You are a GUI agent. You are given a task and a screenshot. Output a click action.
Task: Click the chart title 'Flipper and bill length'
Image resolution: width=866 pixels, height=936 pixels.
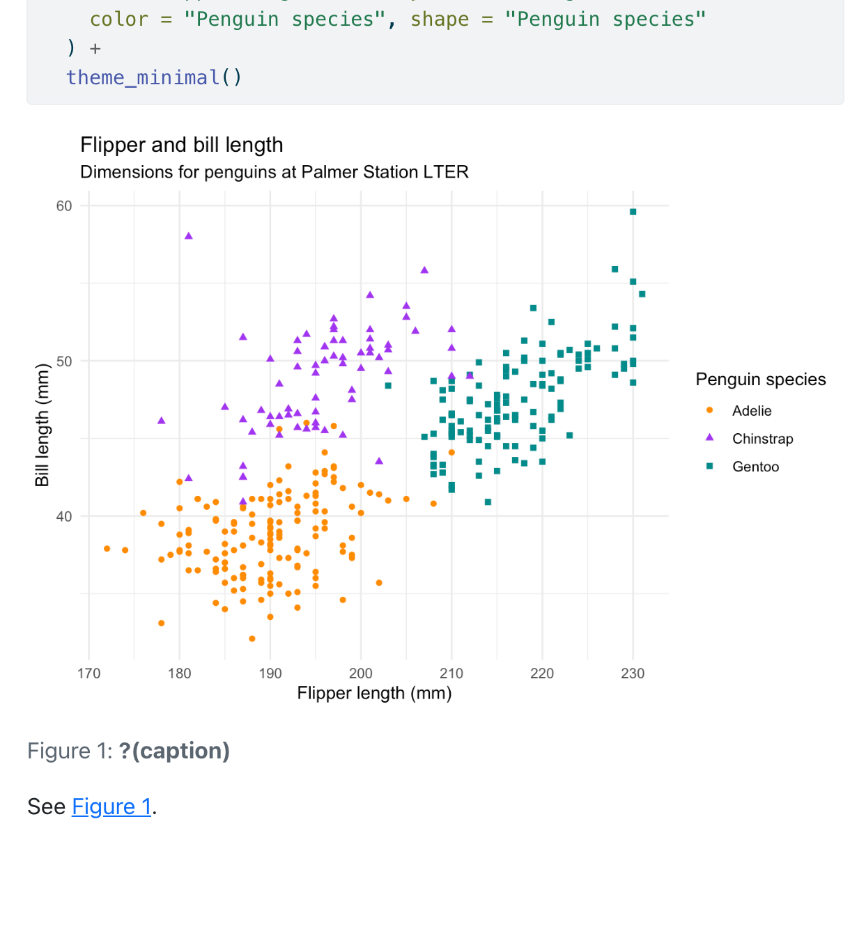[x=182, y=145]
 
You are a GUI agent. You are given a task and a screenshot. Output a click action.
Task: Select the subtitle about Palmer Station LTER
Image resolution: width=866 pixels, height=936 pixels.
[x=274, y=172]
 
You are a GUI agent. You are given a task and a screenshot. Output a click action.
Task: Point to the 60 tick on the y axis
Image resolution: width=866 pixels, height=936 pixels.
[x=64, y=206]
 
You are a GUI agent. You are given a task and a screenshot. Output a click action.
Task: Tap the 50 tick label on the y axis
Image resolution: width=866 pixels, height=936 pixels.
[x=64, y=361]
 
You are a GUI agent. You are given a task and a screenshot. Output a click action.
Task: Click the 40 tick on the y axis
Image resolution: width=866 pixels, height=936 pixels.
[x=64, y=517]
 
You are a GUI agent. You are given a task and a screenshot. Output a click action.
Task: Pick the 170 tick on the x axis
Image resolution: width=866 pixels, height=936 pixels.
[x=89, y=673]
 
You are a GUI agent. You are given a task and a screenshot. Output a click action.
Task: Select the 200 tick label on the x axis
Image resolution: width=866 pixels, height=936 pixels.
[x=361, y=673]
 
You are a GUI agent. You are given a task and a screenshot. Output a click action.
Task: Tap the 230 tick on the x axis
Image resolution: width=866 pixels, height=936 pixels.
[x=633, y=673]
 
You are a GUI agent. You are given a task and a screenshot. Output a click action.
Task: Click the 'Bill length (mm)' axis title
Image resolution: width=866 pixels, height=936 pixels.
[x=42, y=425]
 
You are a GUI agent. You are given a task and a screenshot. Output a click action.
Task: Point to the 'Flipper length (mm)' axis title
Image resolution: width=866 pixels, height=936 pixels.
[x=374, y=694]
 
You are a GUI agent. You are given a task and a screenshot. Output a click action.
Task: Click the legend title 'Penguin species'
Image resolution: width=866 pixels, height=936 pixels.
[x=761, y=380]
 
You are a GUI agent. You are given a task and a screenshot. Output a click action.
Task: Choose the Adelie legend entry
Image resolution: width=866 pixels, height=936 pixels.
[x=752, y=411]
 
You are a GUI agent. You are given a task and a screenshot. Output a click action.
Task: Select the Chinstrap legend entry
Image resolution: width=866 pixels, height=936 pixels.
[x=762, y=439]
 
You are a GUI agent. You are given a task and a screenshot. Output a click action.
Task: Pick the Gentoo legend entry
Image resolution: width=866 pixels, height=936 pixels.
[x=755, y=467]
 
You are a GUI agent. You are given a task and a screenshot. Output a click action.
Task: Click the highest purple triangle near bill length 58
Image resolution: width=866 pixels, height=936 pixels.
[x=189, y=236]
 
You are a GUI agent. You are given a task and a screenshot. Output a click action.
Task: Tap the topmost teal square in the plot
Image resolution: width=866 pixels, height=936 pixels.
[x=633, y=212]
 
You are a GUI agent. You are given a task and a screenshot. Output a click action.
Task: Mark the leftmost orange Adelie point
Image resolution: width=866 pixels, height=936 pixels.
[x=107, y=549]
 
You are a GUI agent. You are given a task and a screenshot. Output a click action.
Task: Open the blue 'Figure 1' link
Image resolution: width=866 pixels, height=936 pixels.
[x=111, y=806]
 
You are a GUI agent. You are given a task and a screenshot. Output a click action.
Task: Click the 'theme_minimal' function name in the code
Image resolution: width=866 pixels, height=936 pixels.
[x=143, y=77]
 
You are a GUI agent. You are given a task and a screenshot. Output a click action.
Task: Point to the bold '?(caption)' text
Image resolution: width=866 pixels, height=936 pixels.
[x=174, y=751]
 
